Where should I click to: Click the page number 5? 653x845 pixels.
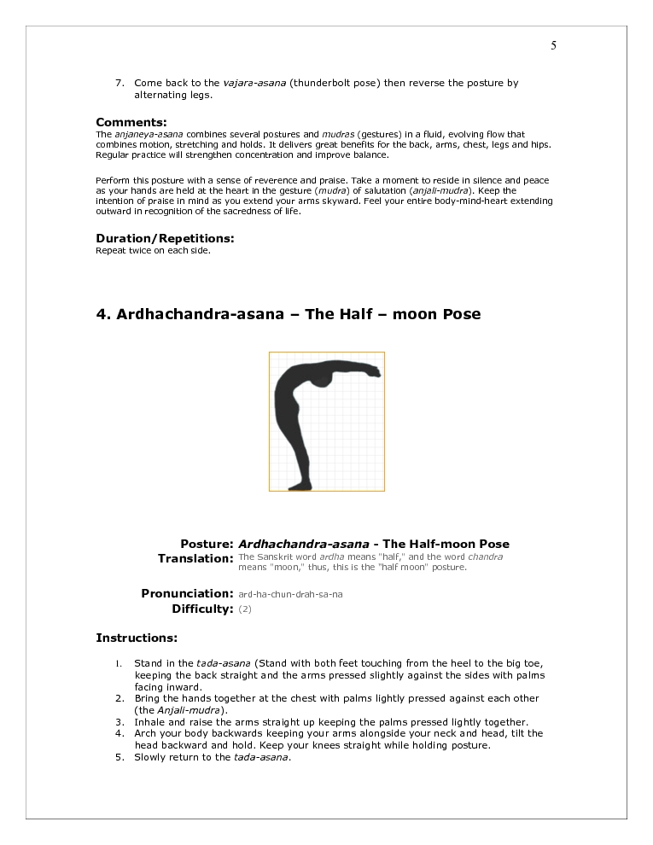(x=553, y=46)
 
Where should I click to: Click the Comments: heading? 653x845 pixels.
(x=131, y=122)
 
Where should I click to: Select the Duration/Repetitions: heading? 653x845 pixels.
(x=165, y=238)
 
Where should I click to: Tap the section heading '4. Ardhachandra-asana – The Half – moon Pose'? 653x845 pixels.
(x=288, y=314)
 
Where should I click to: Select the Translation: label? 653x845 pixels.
(x=195, y=558)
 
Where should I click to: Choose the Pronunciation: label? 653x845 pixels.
(x=187, y=593)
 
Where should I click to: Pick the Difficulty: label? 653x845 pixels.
(x=202, y=609)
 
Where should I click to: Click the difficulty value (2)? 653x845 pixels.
(x=245, y=609)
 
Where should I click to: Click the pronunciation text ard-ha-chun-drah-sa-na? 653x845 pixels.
(x=290, y=594)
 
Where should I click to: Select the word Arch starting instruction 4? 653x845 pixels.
(x=146, y=733)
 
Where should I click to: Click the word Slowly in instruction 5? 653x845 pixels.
(x=151, y=757)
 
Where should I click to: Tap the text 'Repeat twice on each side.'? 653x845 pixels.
(x=153, y=251)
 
